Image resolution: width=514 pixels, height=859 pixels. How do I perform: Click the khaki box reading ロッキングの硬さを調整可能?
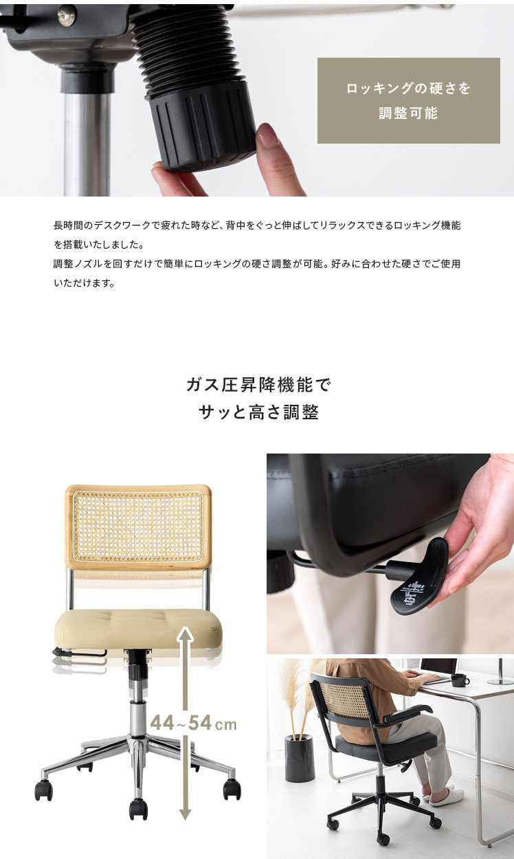pos(408,100)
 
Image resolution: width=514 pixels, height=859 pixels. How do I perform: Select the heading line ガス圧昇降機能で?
pos(258,385)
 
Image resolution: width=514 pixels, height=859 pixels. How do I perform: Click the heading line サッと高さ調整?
pos(258,412)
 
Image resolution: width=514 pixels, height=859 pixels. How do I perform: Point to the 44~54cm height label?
pos(193,724)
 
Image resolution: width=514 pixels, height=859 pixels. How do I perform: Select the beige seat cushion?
pos(138,629)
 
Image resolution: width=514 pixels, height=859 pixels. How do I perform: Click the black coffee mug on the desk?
pos(459,680)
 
